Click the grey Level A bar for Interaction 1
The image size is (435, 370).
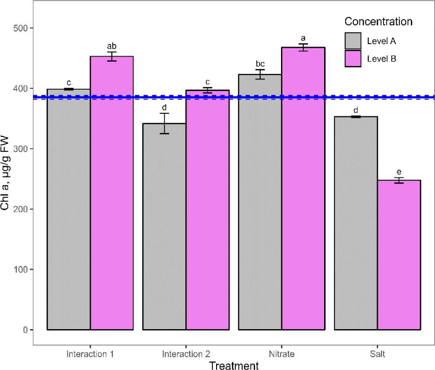pos(69,209)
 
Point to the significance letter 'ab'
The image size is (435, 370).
pos(112,46)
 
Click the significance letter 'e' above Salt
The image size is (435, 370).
pos(399,172)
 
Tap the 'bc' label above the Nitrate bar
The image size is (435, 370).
pos(260,64)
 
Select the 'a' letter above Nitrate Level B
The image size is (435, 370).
pos(303,38)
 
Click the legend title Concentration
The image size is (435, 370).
pos(378,22)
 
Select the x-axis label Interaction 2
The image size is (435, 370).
pos(186,354)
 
